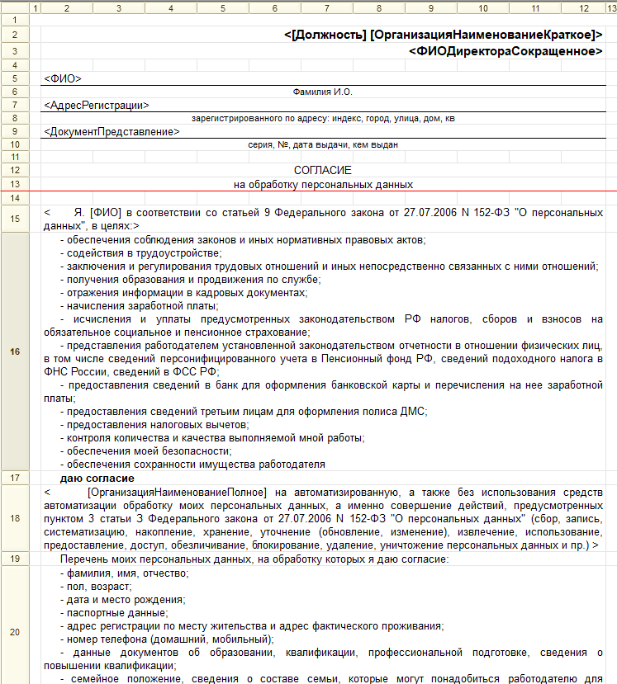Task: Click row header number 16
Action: [x=14, y=351]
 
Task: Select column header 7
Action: [x=327, y=7]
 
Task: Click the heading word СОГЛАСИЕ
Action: [x=322, y=170]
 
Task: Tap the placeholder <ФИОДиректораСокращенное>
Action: [x=505, y=50]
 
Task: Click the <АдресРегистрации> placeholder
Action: [x=97, y=106]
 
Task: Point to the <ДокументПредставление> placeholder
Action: [x=112, y=131]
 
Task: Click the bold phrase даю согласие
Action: [x=97, y=479]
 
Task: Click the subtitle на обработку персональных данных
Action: [x=323, y=184]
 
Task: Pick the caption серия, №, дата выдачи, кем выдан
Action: [x=323, y=144]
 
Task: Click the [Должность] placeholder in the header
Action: [x=325, y=35]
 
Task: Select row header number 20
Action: [x=14, y=632]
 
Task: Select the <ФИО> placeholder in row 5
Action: [x=63, y=79]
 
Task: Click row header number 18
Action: [x=14, y=518]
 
